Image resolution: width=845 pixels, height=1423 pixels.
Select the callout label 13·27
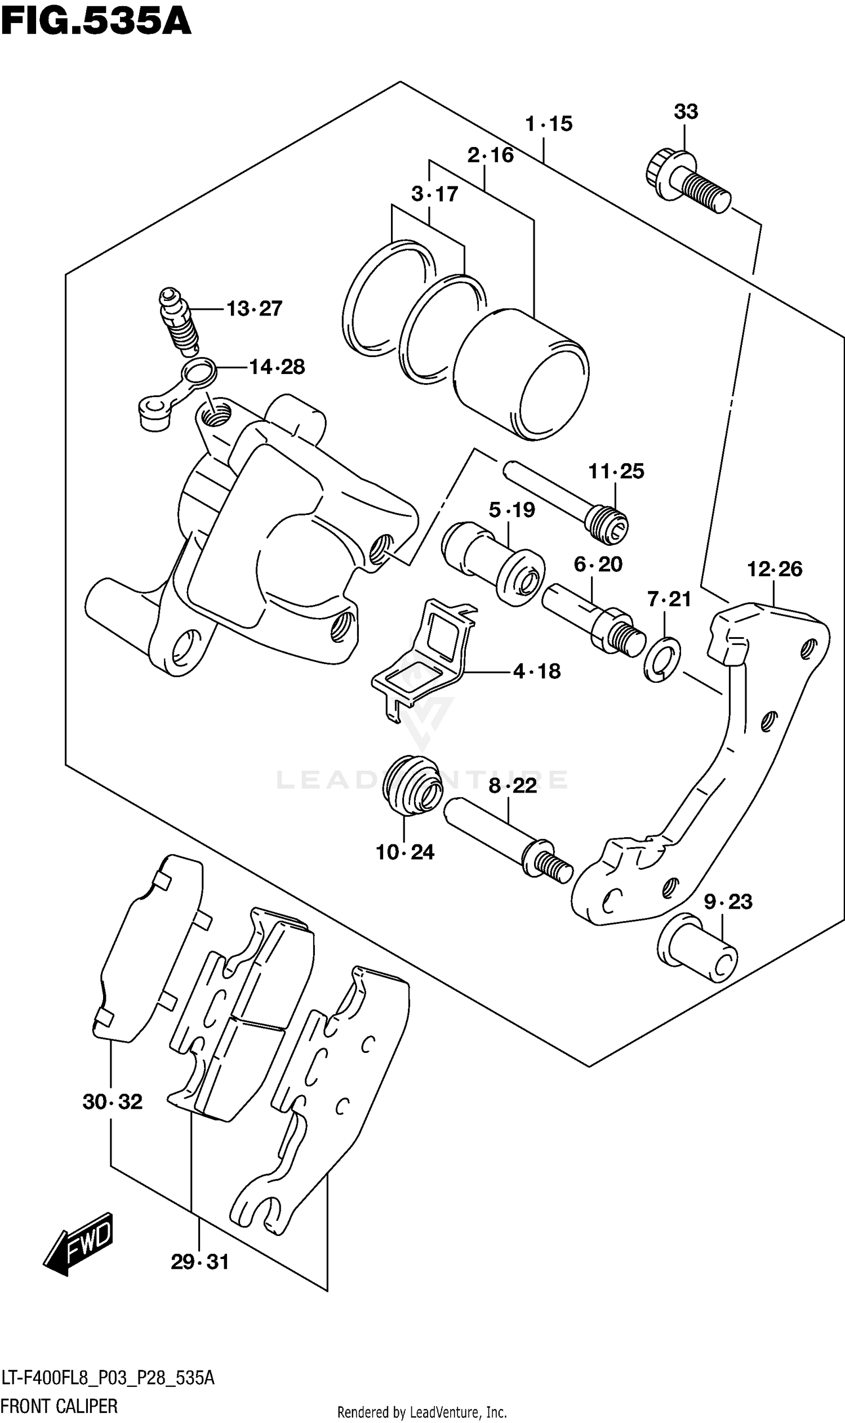point(254,309)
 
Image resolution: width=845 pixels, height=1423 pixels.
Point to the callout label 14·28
point(277,367)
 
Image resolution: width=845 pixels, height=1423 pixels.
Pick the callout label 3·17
point(434,194)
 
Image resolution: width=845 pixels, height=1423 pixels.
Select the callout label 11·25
point(616,472)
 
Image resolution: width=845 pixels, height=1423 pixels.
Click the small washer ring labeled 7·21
point(662,660)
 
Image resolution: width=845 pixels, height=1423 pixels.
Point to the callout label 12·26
point(774,569)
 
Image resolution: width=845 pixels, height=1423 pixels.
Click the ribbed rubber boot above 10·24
point(412,786)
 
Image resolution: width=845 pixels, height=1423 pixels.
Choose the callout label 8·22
point(513,786)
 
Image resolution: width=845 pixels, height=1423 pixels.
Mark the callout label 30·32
point(112,1102)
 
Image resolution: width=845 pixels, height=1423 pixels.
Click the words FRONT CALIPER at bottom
point(59,1406)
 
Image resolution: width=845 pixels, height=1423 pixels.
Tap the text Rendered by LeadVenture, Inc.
point(422,1412)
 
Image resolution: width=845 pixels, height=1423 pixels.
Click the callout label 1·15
point(548,123)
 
